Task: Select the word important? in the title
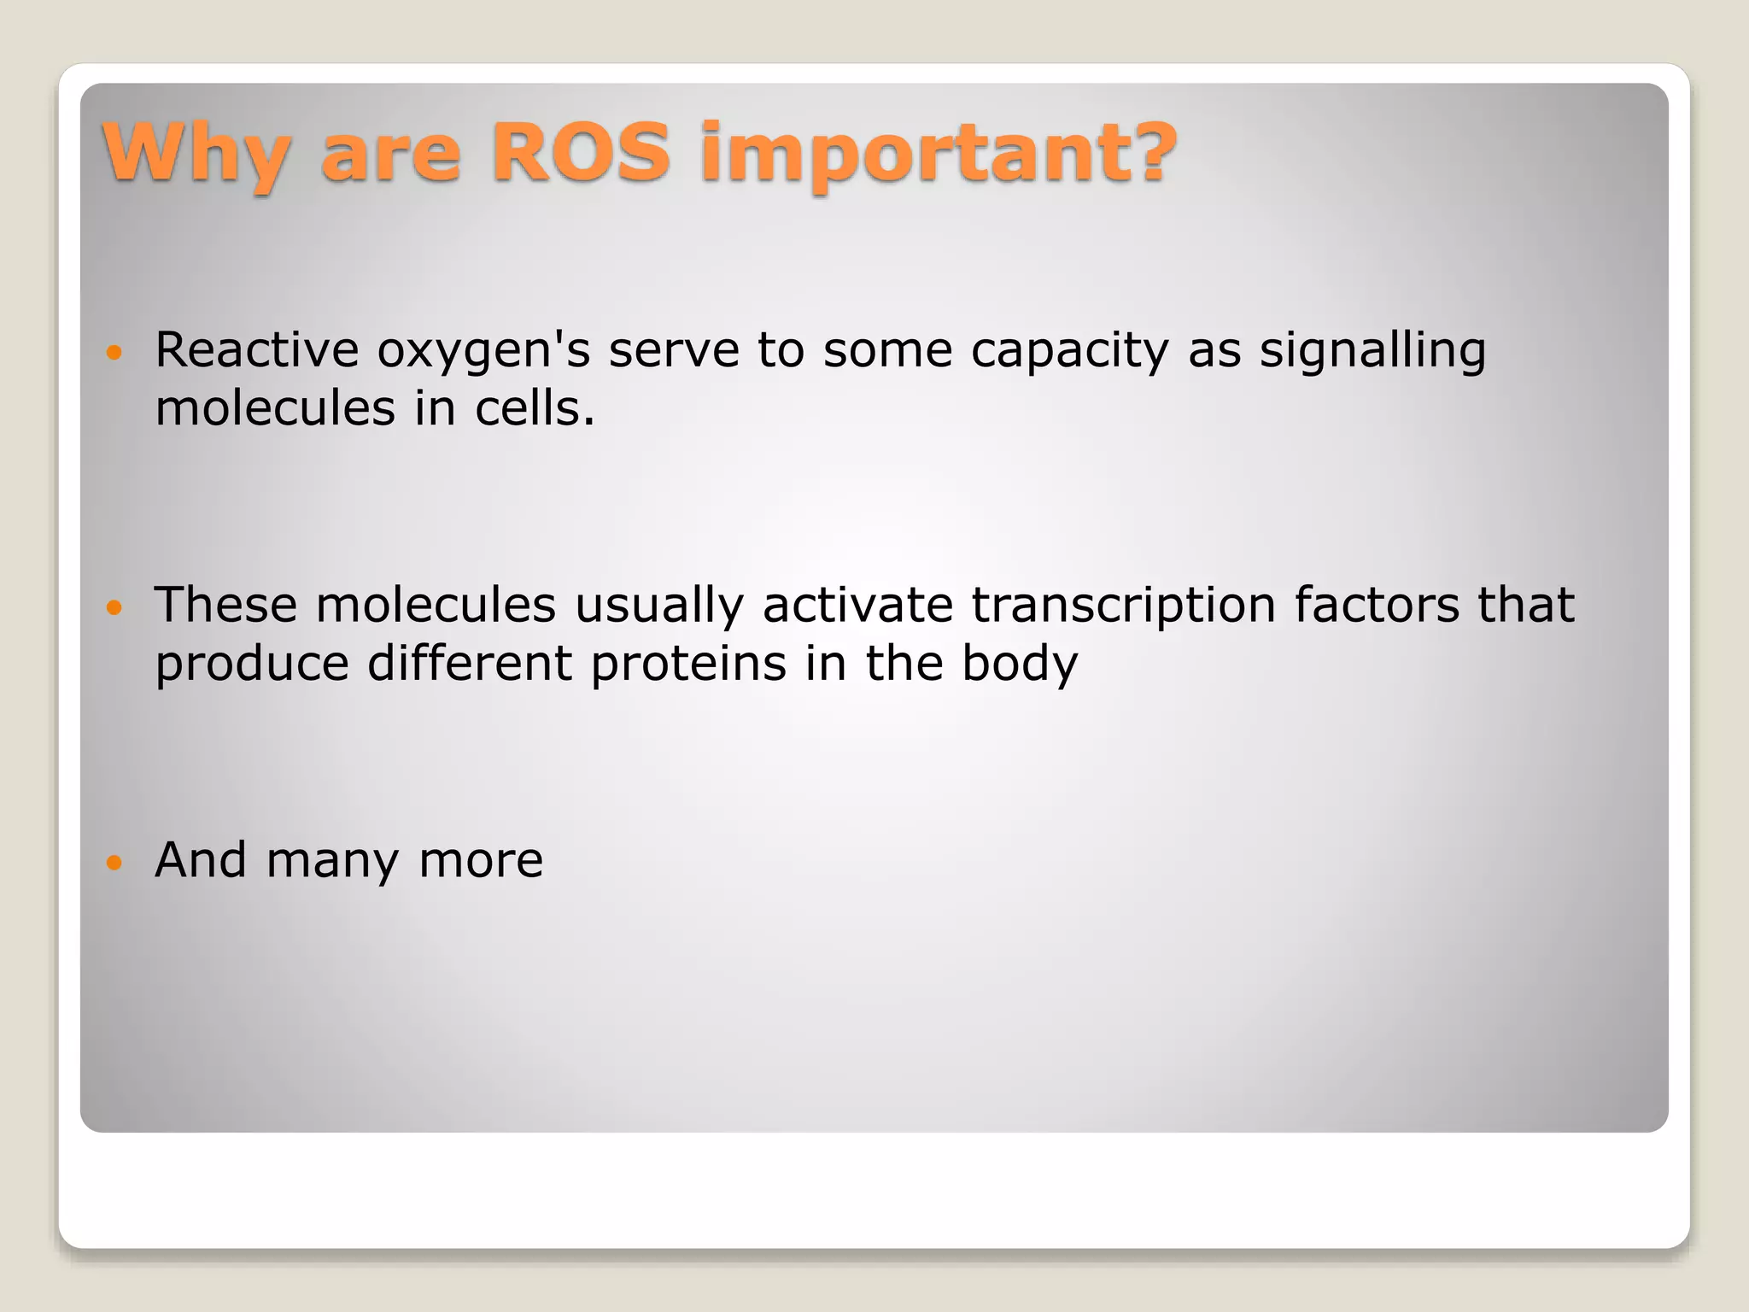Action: [938, 154]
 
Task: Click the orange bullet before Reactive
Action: [114, 352]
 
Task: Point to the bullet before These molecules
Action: [114, 607]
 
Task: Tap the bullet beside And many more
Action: [114, 862]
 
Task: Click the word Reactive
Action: [257, 349]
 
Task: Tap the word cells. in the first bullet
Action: [535, 407]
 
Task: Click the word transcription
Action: [1123, 606]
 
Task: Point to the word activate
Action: [857, 605]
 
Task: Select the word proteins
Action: [688, 664]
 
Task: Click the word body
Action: [1020, 664]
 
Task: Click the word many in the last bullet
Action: [332, 861]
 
